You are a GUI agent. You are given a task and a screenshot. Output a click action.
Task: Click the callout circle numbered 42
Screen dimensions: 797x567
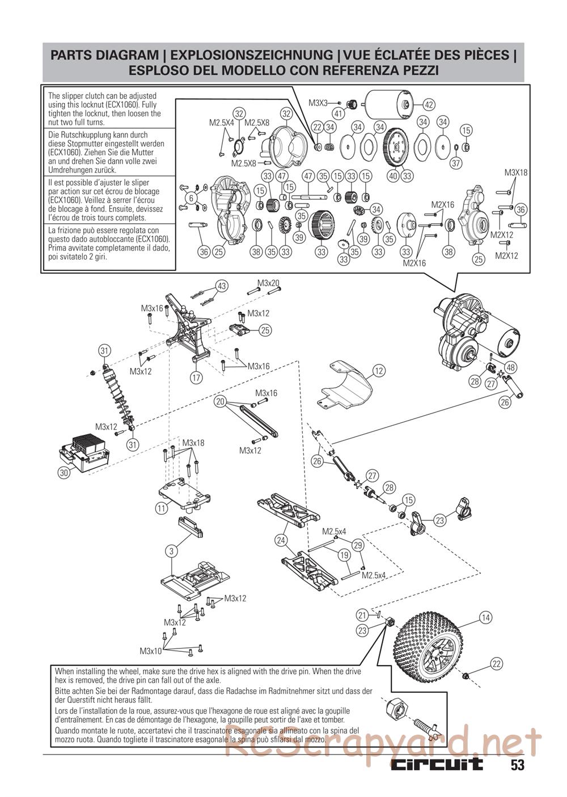(x=429, y=104)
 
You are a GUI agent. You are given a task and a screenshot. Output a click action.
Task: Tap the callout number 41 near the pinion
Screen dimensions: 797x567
(x=339, y=113)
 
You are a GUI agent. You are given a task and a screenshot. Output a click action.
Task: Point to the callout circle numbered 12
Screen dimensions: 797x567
(x=379, y=371)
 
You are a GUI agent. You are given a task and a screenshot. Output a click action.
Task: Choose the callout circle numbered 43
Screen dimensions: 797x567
(x=222, y=286)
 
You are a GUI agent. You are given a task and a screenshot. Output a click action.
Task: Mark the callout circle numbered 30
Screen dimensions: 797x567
(x=64, y=472)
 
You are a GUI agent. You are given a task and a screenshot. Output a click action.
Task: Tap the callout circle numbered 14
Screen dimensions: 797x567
(x=485, y=618)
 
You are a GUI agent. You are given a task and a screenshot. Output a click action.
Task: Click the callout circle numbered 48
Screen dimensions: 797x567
(x=510, y=367)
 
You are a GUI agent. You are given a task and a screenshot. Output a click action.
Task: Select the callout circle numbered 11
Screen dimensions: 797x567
(x=162, y=508)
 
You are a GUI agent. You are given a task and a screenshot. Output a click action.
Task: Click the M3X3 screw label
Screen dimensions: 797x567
(x=318, y=103)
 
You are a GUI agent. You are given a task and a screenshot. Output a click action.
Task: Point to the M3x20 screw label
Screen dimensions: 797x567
(x=268, y=283)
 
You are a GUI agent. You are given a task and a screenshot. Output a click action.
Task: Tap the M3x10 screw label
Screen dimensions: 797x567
(x=151, y=650)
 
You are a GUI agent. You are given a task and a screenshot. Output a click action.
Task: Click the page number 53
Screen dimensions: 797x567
(x=517, y=765)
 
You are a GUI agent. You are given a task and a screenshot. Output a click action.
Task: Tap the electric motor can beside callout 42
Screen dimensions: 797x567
(x=388, y=105)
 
